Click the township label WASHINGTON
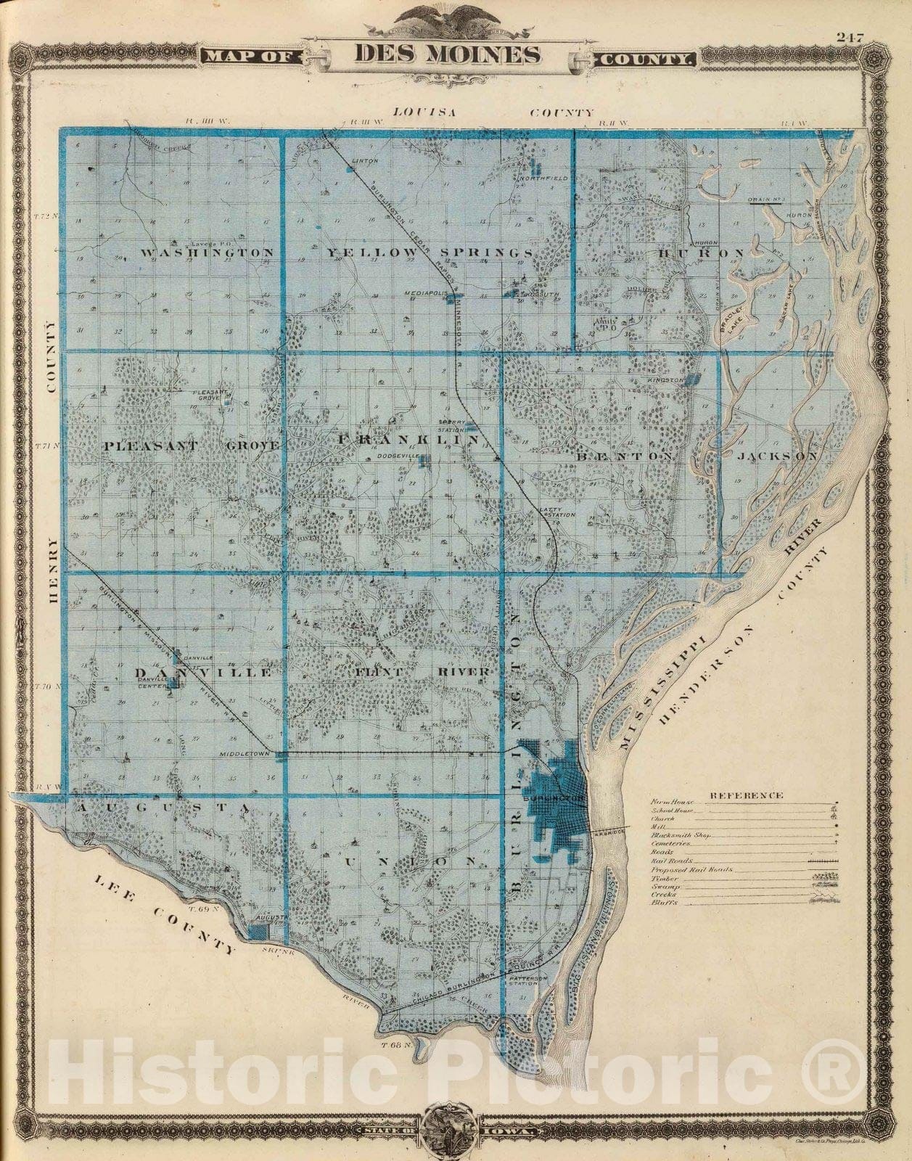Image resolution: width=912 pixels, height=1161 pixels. pos(208,253)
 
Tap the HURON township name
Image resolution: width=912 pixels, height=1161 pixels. pos(702,253)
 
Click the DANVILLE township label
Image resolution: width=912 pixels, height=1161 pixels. pos(204,673)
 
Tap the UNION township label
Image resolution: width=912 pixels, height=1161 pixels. pos(411,861)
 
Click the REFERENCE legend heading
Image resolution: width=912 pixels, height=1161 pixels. pos(746,795)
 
